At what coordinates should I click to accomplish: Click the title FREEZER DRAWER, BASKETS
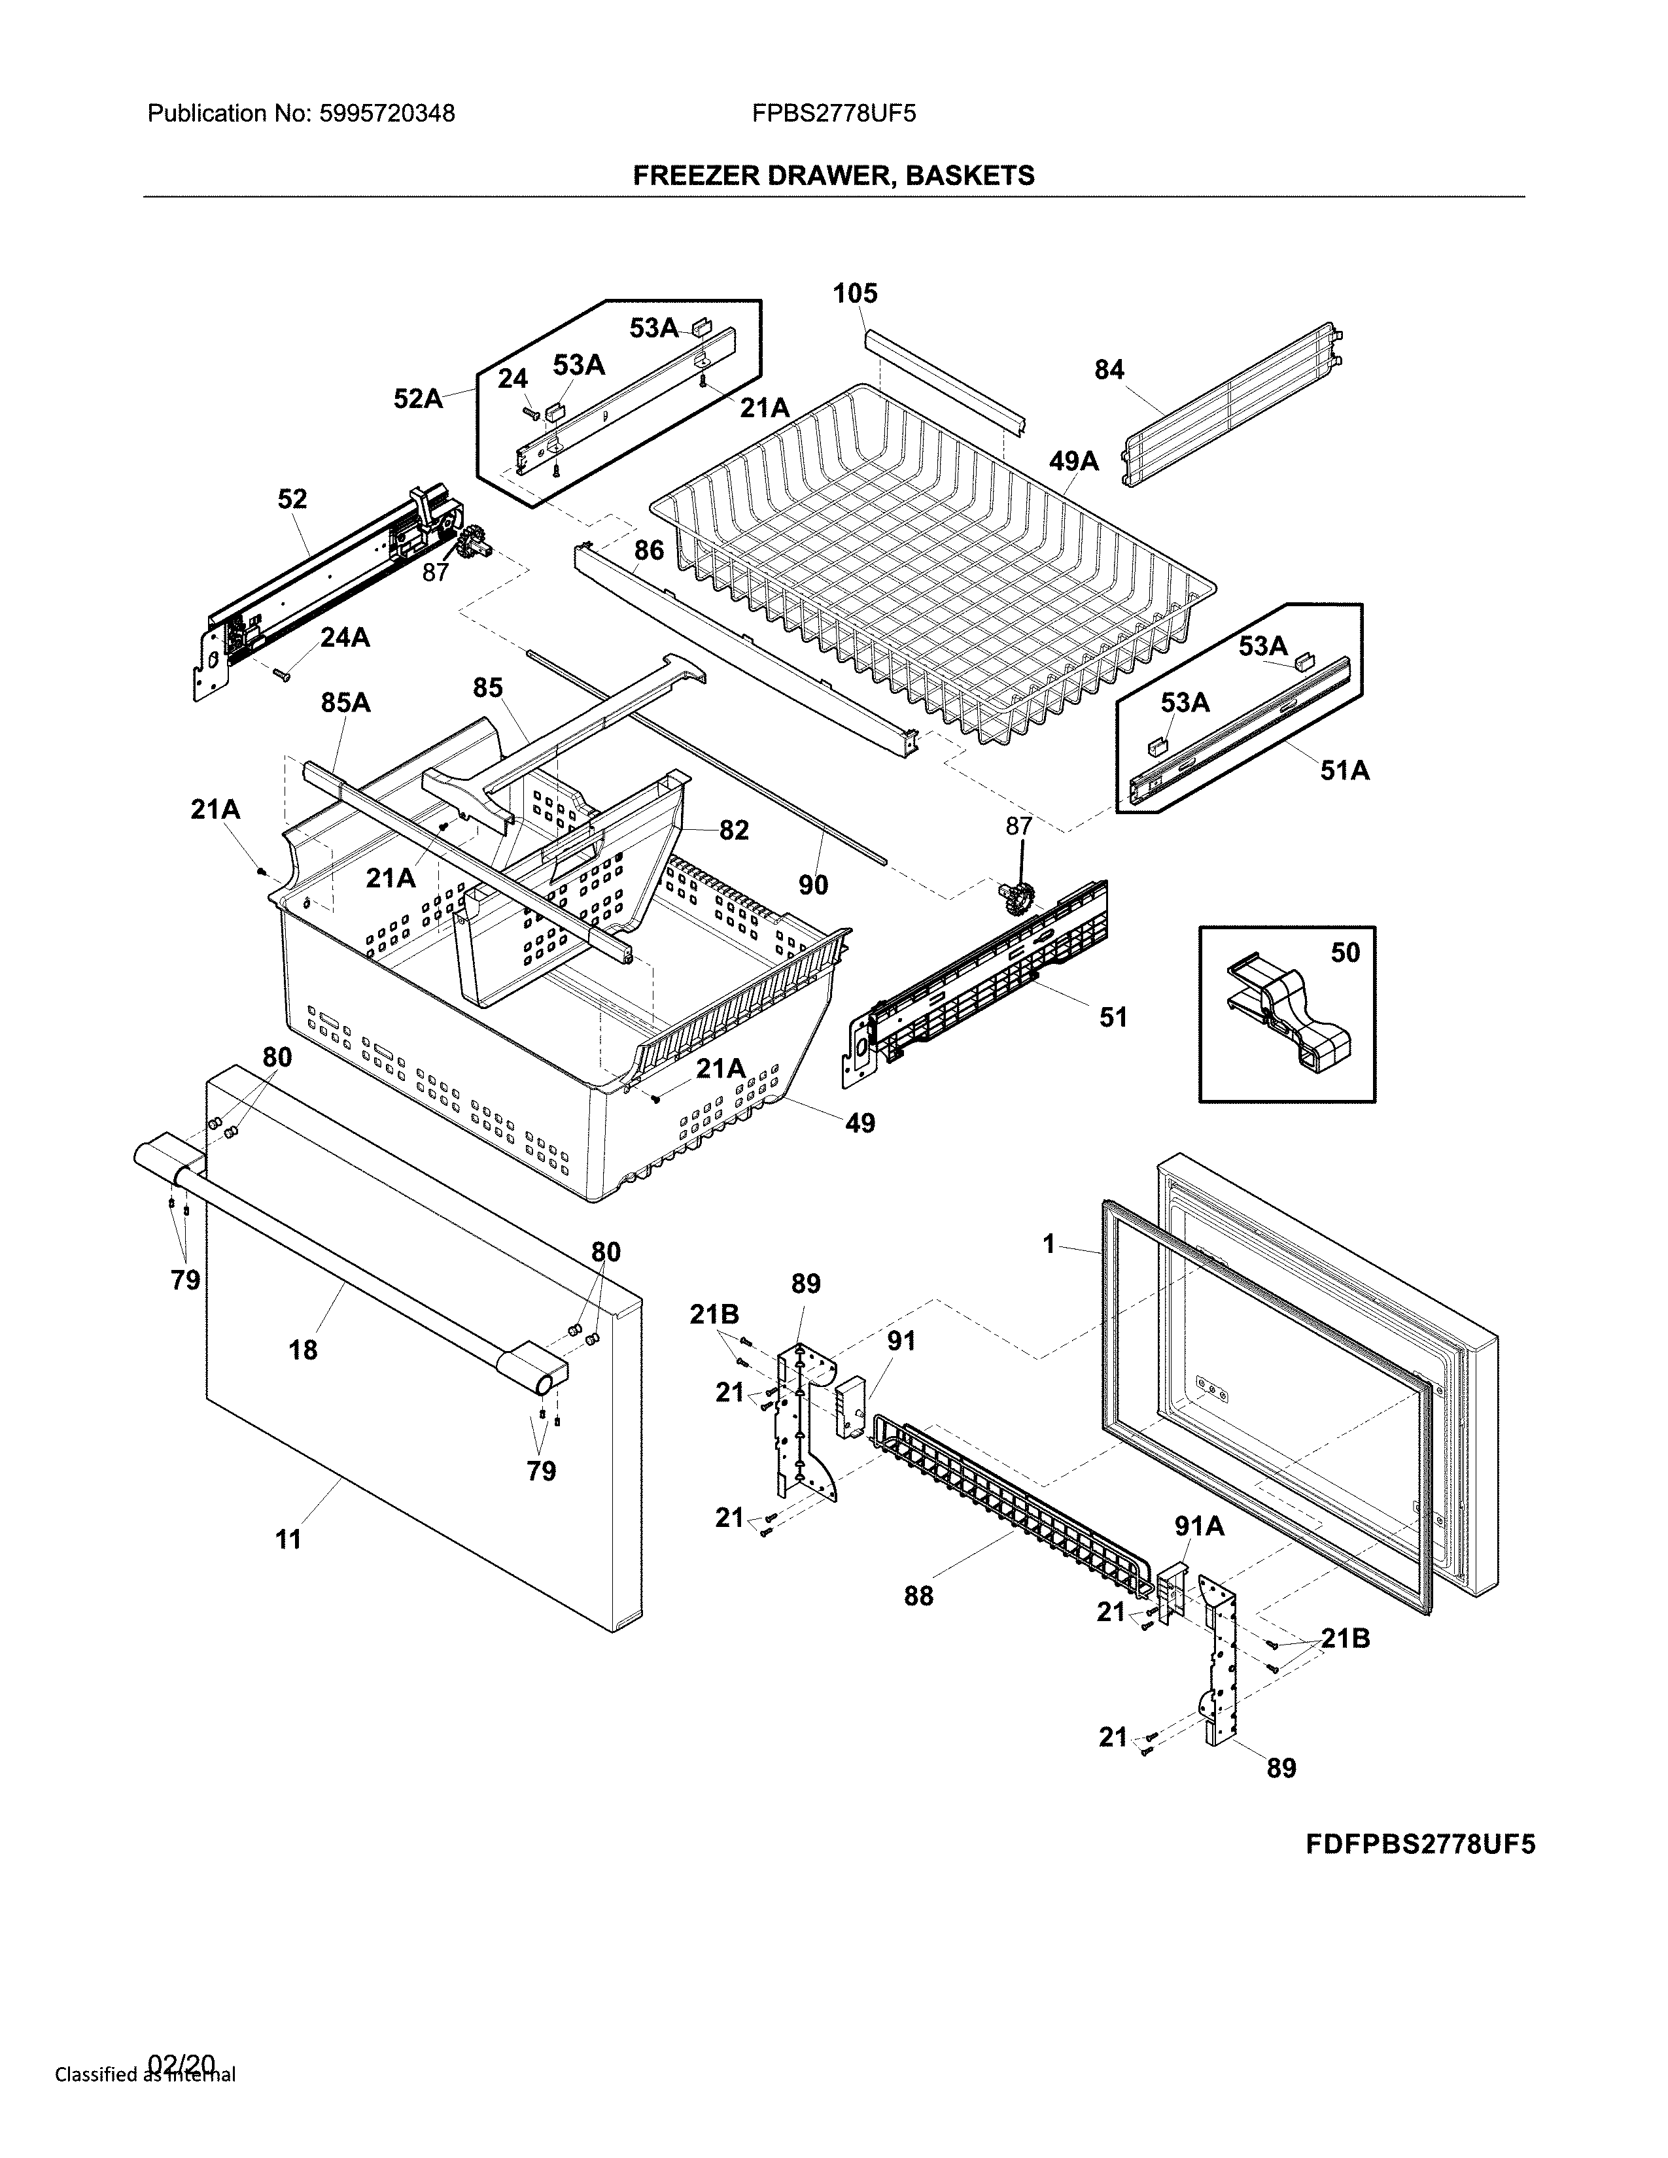833,176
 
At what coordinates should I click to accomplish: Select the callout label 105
855,294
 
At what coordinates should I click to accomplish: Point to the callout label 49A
1073,460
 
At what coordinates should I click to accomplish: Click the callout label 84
1109,369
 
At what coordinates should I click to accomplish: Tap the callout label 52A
418,398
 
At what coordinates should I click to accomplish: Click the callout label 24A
345,638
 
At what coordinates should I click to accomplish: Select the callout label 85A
346,702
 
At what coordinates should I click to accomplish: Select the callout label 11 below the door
288,1539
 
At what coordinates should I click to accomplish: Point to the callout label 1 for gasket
1049,1245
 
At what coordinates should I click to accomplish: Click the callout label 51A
1345,771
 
